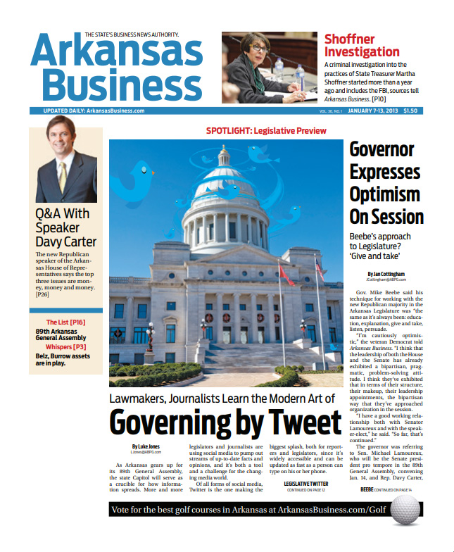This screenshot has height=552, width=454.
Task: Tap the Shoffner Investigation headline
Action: tap(362, 46)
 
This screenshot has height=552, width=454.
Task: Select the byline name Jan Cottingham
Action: tap(386, 274)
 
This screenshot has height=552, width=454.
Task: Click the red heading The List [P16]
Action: tap(65, 322)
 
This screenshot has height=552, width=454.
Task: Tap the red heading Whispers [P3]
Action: tap(65, 347)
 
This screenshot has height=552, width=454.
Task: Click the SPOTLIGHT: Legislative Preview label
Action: tap(266, 131)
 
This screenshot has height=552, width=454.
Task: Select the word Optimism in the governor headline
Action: tap(384, 194)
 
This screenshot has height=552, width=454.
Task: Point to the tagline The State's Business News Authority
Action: tap(132, 34)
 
